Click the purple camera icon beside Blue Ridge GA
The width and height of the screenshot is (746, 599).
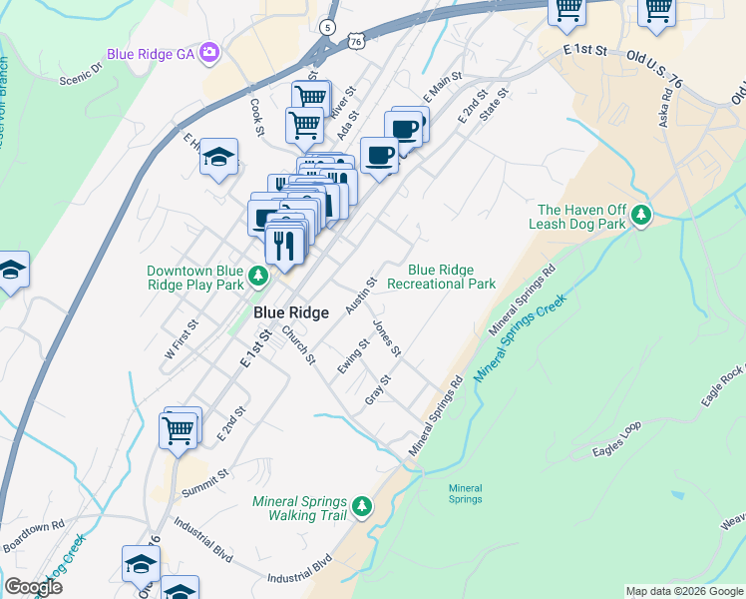(x=209, y=51)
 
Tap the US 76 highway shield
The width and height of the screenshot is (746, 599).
(x=357, y=39)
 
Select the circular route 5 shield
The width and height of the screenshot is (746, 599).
(x=327, y=27)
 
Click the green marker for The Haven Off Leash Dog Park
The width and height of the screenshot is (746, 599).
(x=644, y=215)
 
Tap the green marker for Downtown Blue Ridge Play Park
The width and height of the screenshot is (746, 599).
(x=258, y=276)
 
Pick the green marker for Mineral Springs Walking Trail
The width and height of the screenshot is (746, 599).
(x=361, y=507)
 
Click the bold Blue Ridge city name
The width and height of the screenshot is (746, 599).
(x=283, y=312)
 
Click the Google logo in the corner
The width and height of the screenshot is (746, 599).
(x=33, y=586)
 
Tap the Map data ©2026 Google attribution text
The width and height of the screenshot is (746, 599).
(x=684, y=591)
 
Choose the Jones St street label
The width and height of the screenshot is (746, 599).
(x=387, y=338)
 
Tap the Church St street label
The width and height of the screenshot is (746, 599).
(x=298, y=344)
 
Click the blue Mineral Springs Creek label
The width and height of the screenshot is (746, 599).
(x=519, y=339)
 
